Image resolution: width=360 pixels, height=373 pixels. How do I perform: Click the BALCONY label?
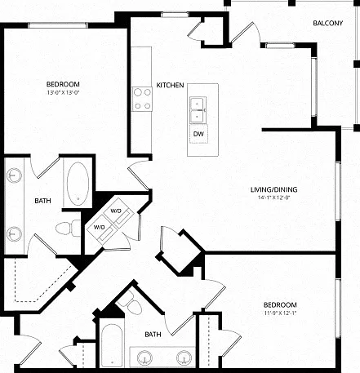coord(327,23)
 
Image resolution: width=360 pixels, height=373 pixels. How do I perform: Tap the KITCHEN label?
coord(170,85)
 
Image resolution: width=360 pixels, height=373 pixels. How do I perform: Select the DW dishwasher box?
coord(198,134)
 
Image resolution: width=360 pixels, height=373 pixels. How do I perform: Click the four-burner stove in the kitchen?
coord(142,99)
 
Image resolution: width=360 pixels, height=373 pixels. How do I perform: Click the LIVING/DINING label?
coord(273,189)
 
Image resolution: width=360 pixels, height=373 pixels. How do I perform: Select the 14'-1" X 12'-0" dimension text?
coord(273,198)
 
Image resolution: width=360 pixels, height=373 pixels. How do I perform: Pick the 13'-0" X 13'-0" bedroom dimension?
coord(63,92)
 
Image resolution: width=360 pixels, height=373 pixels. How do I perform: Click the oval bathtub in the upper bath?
coord(78,184)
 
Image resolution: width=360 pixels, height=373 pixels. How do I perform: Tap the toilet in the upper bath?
coord(68,228)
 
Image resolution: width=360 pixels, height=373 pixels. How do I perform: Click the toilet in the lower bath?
coord(132,304)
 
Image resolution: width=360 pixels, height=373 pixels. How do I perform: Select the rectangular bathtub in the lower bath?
coord(112,346)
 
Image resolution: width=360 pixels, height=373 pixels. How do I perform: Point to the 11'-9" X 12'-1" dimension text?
coord(280,313)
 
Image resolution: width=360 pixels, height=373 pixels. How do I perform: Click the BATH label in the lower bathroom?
coord(153,335)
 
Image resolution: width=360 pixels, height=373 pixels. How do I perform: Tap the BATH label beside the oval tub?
coord(42,201)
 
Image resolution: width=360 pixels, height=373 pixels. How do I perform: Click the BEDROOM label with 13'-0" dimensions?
coord(63,84)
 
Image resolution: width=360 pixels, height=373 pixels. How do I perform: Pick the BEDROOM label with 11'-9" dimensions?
coord(280,304)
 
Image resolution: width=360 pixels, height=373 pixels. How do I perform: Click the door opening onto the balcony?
coord(245,33)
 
